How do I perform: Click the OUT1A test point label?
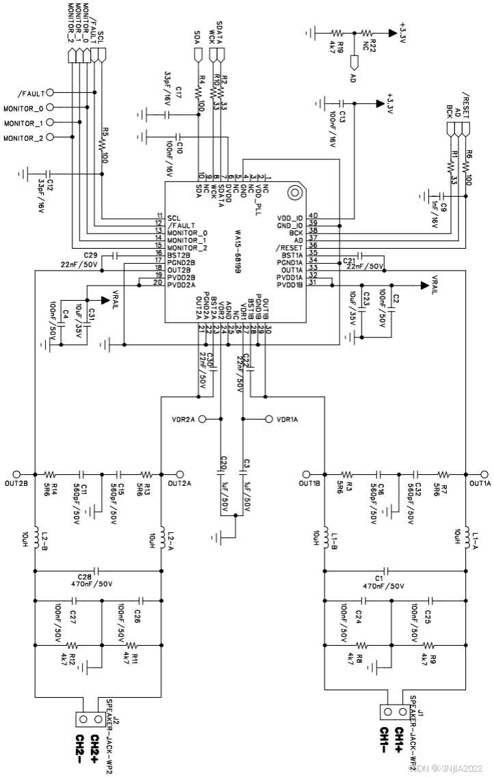pos(479,484)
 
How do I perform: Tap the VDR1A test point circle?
pos(269,419)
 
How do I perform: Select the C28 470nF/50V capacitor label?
pos(90,580)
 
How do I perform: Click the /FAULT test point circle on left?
pos(49,92)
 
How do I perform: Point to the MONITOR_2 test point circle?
pos(49,137)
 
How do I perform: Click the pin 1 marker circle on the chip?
pos(294,193)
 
